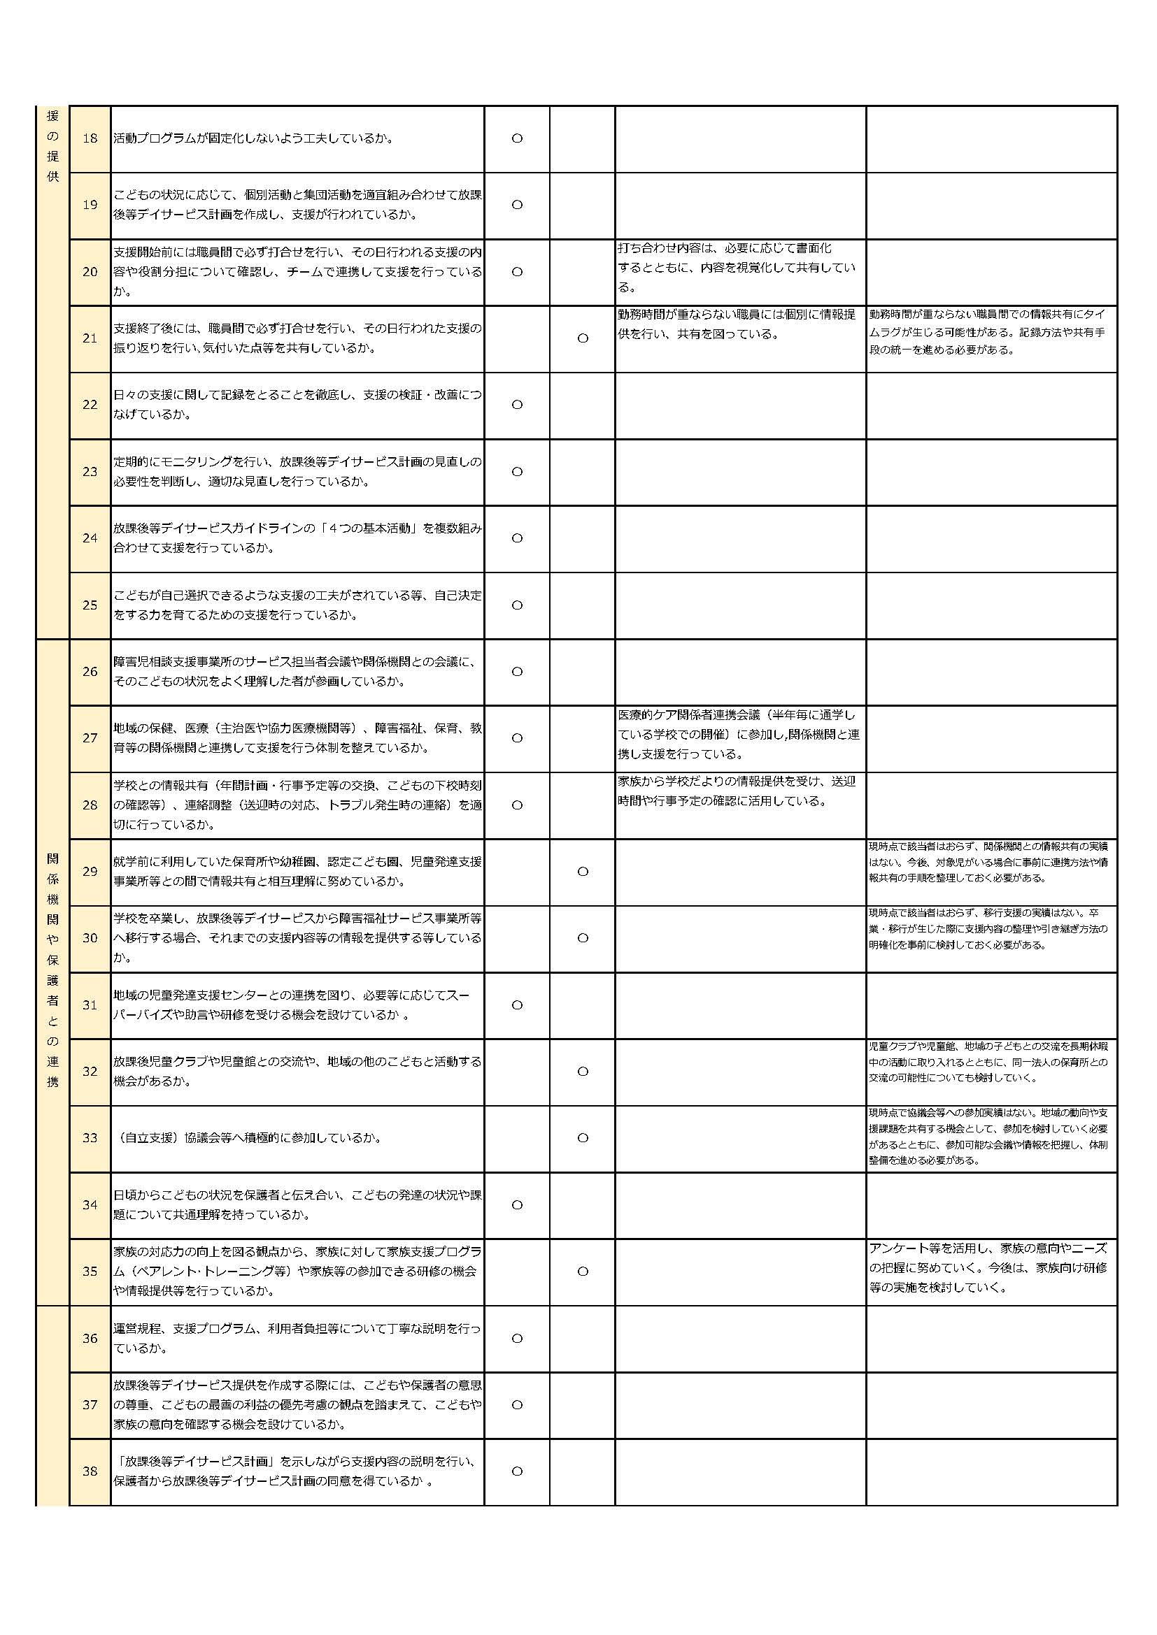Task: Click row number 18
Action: click(x=90, y=138)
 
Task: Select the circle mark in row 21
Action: click(x=583, y=338)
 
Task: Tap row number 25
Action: click(x=90, y=605)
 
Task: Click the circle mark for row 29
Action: click(x=583, y=872)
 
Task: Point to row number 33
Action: click(x=90, y=1138)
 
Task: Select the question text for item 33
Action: click(x=248, y=1138)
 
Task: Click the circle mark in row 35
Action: click(x=583, y=1271)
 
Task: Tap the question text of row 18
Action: click(x=254, y=138)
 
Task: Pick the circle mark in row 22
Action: click(x=517, y=405)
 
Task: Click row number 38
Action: click(x=90, y=1471)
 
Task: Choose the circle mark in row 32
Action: click(x=583, y=1071)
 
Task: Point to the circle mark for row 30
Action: click(x=583, y=938)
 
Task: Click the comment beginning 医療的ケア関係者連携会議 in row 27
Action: click(x=739, y=734)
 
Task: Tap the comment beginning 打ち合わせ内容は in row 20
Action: click(x=737, y=268)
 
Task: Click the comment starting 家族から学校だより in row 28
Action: click(x=737, y=791)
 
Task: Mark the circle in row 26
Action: click(x=517, y=672)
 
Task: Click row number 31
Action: click(x=90, y=1004)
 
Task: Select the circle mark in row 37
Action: click(x=517, y=1405)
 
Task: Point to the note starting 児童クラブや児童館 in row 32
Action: click(x=988, y=1062)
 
